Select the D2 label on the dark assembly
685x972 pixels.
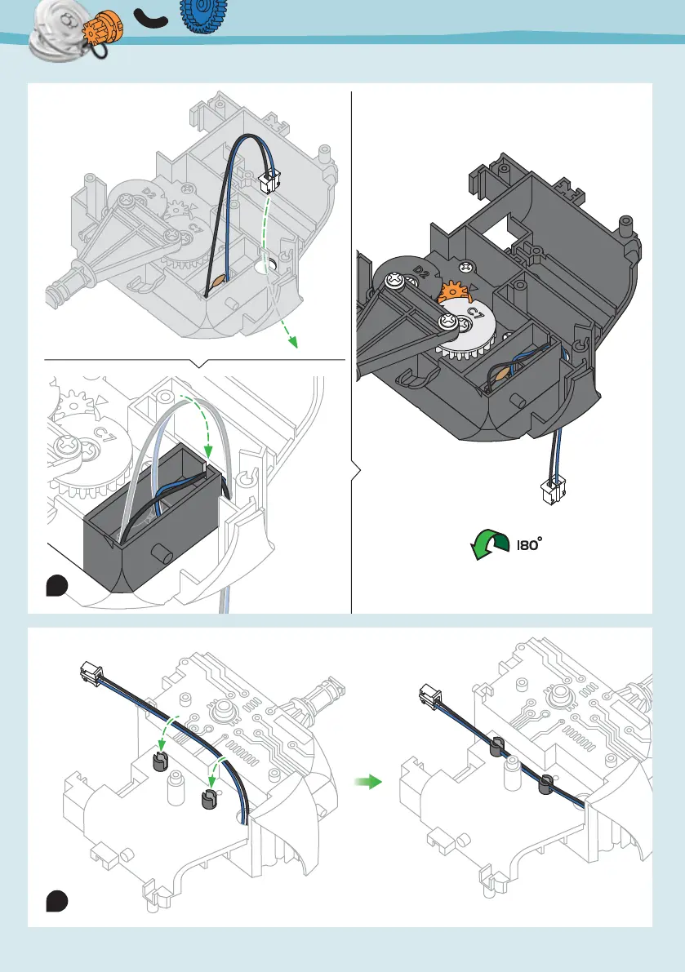point(422,269)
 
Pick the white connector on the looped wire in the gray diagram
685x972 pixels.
point(268,181)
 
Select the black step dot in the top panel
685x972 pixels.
point(56,586)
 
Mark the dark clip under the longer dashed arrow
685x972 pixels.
point(160,762)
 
